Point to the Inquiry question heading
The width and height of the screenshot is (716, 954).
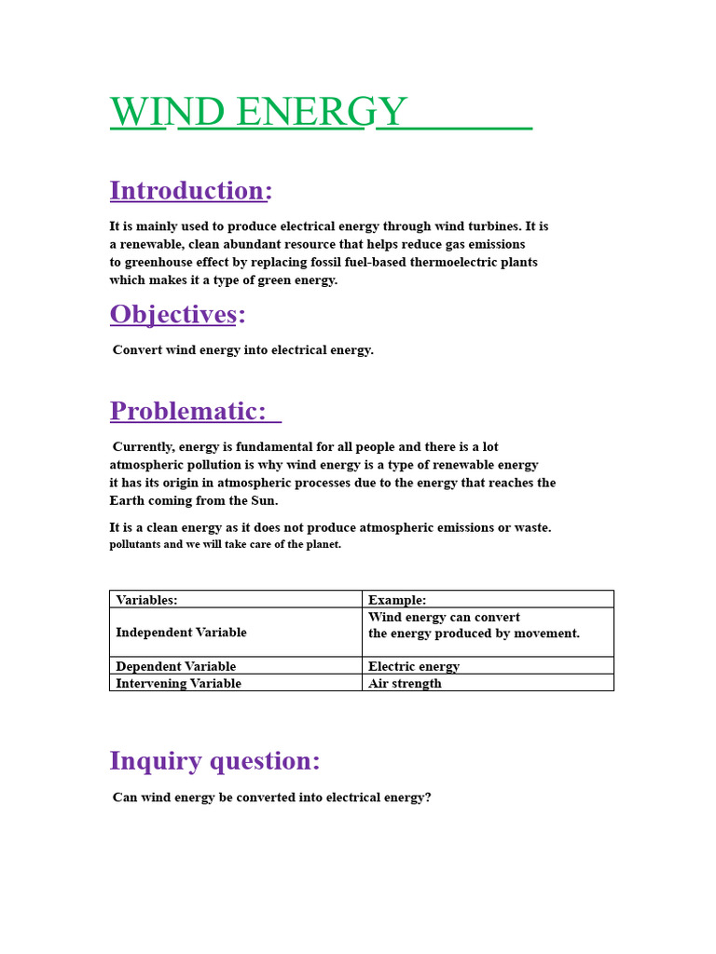pos(214,760)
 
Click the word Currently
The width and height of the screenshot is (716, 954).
pos(143,447)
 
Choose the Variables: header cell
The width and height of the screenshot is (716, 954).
pos(146,600)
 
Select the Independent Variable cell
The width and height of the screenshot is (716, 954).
pos(181,633)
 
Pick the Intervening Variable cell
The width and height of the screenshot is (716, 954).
pos(178,683)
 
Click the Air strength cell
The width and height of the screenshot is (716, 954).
pos(405,683)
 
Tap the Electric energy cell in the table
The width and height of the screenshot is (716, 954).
pos(414,666)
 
